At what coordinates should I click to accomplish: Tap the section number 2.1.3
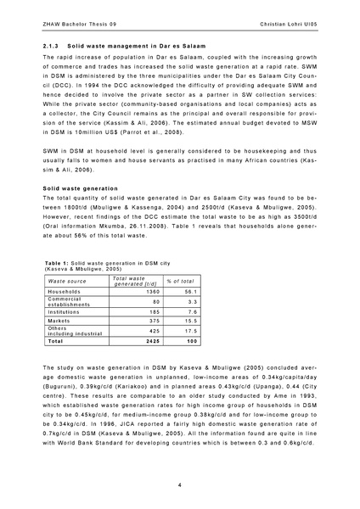[x=51, y=42]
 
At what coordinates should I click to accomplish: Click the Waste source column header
[x=69, y=280]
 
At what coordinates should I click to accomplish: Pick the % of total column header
[x=180, y=280]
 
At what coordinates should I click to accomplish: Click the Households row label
[x=65, y=291]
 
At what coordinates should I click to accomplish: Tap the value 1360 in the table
[x=153, y=291]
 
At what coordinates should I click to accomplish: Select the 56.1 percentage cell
[x=190, y=291]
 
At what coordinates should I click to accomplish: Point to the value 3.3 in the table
[x=192, y=301]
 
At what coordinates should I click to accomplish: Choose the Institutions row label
[x=66, y=312]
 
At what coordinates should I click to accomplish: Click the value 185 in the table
[x=155, y=312]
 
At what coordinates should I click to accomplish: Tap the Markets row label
[x=59, y=321]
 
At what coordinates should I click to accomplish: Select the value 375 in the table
[x=155, y=321]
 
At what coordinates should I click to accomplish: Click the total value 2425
[x=153, y=341]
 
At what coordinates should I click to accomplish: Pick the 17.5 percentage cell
[x=190, y=331]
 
